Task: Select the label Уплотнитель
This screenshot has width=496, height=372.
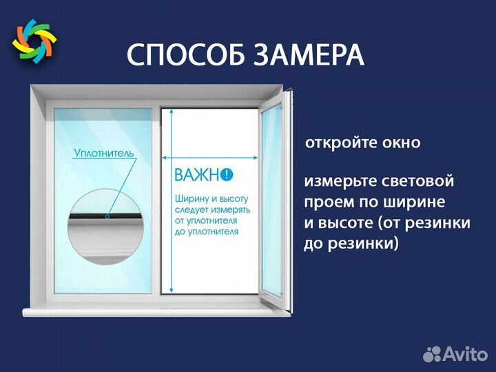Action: click(x=103, y=154)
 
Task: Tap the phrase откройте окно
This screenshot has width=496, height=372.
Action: click(x=362, y=143)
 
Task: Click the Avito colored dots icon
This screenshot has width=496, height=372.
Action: click(x=432, y=354)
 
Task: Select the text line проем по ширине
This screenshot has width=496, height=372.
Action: click(x=374, y=203)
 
